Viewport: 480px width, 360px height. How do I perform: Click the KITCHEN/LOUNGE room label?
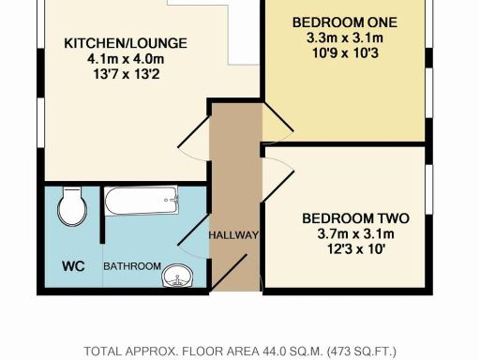[x=126, y=43]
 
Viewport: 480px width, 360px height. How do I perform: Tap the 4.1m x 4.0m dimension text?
[x=126, y=59]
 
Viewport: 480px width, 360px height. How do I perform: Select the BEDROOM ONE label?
[x=345, y=22]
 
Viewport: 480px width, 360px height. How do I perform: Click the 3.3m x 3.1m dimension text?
[x=345, y=38]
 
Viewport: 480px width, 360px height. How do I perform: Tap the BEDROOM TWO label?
[x=355, y=218]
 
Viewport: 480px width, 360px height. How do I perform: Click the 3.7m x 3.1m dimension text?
[x=355, y=234]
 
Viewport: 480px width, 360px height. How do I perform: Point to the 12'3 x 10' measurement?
[x=355, y=250]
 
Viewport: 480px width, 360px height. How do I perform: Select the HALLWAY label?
[x=232, y=234]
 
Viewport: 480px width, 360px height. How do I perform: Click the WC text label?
[x=73, y=266]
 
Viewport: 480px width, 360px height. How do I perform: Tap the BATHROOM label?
[x=131, y=266]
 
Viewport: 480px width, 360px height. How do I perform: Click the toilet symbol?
[x=72, y=206]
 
